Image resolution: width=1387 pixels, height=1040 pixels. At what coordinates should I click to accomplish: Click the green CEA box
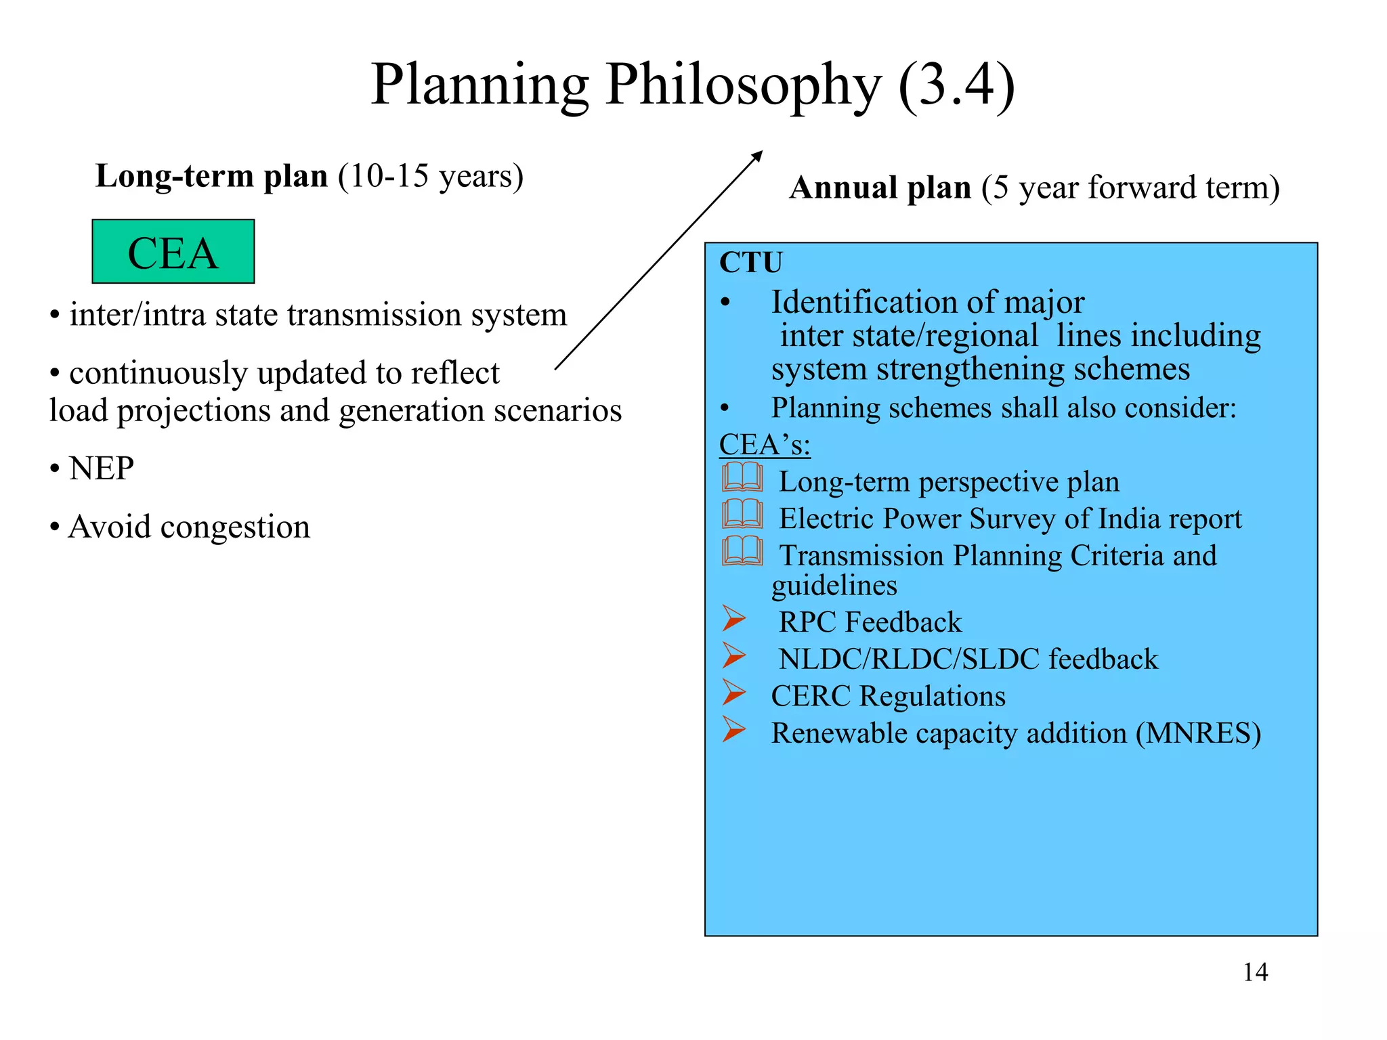(173, 252)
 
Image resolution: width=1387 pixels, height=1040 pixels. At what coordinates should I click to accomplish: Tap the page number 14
(1255, 972)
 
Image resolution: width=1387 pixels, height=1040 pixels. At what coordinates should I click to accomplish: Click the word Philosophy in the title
(743, 85)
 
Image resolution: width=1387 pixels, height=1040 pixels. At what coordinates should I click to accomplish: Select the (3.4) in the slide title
(956, 85)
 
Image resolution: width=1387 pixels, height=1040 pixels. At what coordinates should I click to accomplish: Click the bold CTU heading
(750, 263)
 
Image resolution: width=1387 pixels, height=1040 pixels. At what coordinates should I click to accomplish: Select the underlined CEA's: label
(765, 445)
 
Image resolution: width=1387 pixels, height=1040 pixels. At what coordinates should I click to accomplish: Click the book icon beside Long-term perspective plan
(742, 477)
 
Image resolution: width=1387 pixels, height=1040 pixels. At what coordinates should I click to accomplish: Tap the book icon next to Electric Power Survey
(742, 515)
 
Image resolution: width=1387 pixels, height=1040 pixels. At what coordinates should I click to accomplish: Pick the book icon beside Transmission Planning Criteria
(742, 551)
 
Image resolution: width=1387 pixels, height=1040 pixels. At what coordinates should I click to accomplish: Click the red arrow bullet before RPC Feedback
(733, 618)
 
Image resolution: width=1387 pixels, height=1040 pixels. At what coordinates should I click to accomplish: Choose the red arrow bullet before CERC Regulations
(733, 692)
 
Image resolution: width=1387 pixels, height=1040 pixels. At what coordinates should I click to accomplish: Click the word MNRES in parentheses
(1198, 733)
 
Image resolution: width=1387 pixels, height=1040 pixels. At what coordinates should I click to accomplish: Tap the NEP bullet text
(101, 469)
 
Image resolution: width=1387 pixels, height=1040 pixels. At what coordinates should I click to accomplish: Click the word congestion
(235, 527)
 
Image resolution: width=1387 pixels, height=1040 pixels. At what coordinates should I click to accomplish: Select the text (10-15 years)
(431, 177)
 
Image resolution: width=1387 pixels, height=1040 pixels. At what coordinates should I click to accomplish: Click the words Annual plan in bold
(880, 188)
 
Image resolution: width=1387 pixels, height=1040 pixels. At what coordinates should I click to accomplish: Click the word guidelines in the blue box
(834, 586)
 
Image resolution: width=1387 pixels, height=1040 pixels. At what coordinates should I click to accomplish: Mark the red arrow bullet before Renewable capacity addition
(733, 729)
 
